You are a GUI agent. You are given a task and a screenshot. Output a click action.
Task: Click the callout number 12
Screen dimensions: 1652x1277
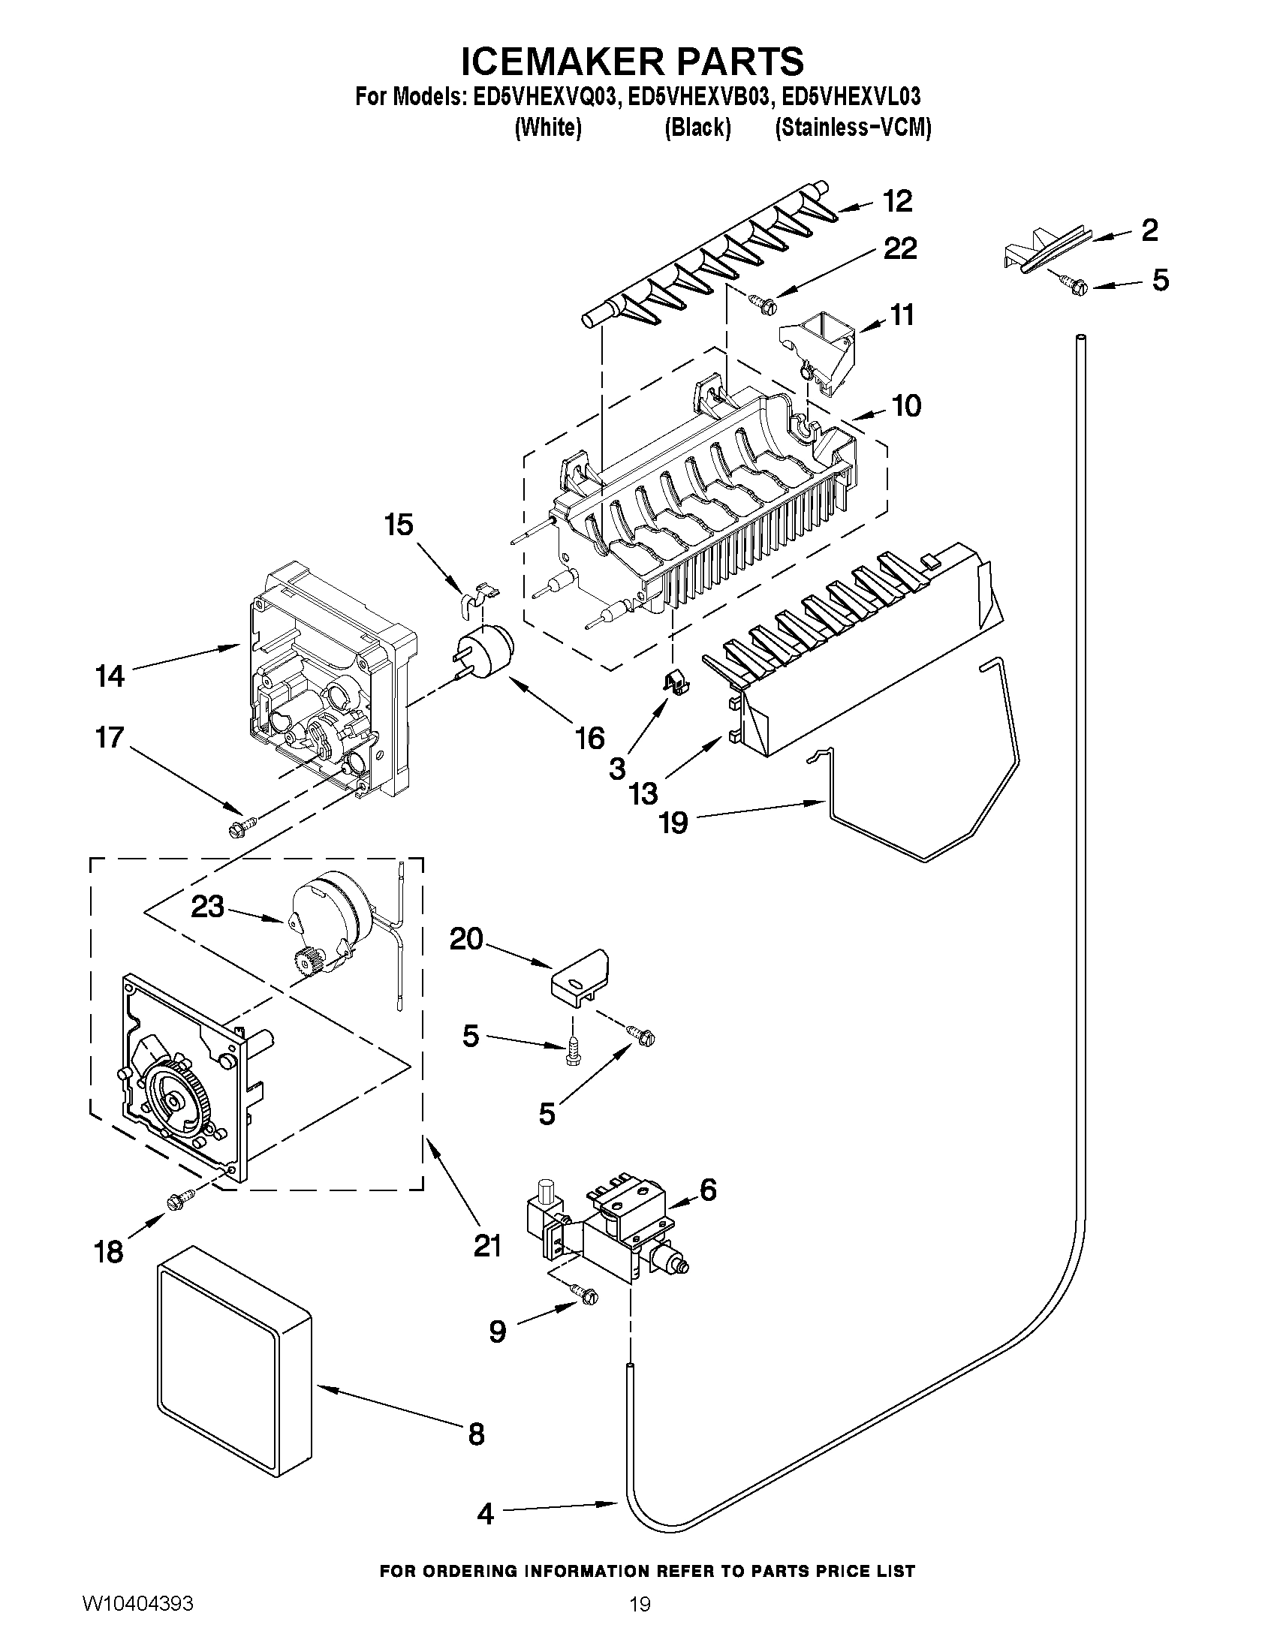[898, 201]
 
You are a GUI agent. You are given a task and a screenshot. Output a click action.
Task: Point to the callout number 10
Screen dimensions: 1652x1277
[906, 406]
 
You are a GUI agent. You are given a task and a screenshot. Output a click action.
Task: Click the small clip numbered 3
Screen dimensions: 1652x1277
[679, 682]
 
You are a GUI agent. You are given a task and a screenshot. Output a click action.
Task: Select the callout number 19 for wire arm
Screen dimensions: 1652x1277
[673, 822]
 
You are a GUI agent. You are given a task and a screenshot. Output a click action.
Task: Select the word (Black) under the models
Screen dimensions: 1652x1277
[697, 128]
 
